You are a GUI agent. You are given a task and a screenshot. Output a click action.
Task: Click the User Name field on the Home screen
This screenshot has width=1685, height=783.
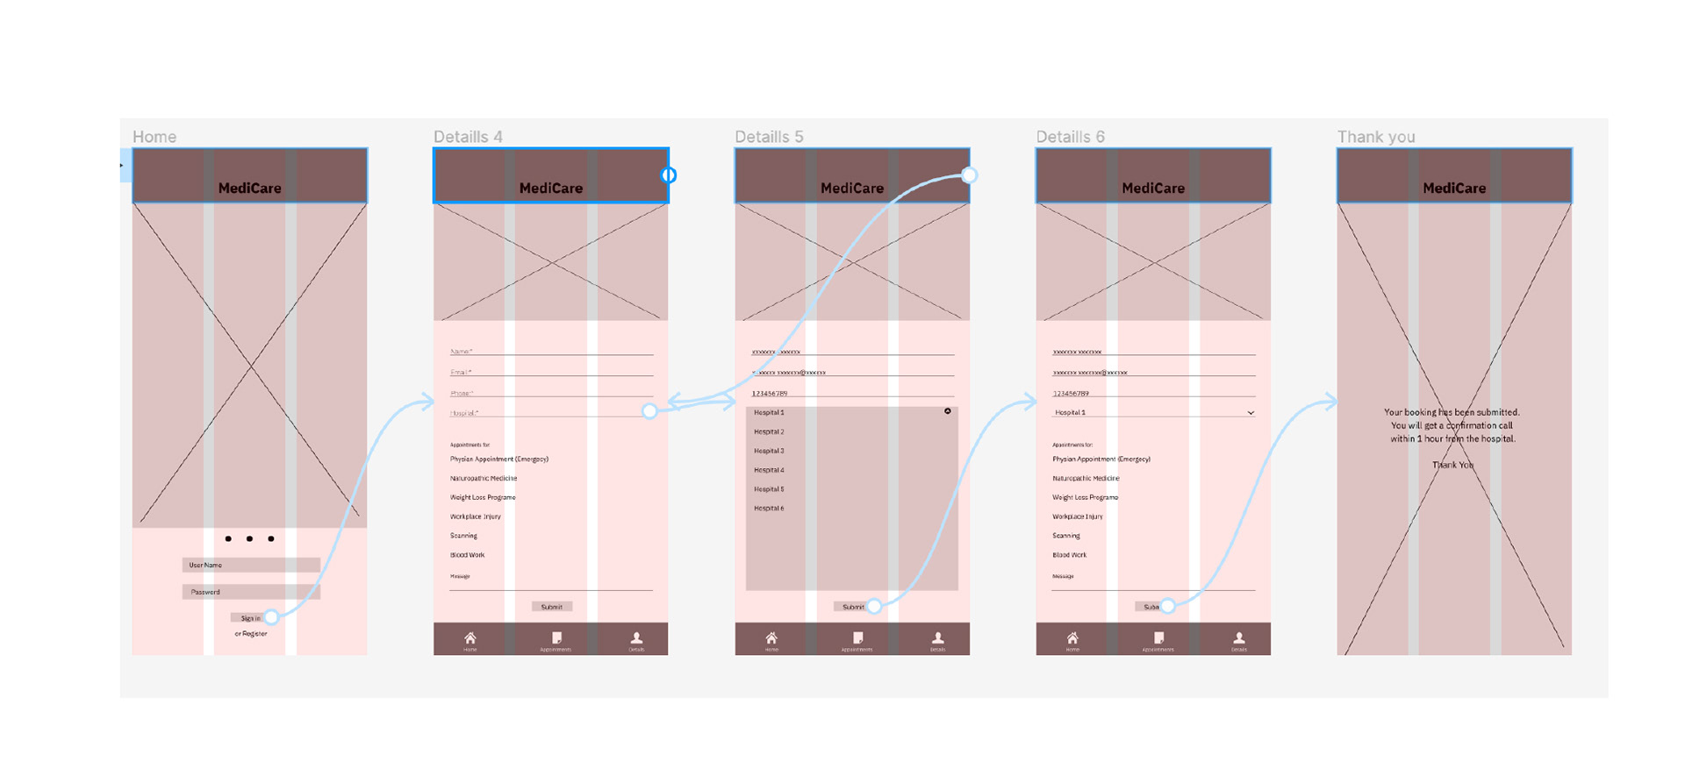pos(250,566)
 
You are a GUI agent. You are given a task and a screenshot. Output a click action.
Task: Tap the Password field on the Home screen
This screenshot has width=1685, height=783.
pos(250,592)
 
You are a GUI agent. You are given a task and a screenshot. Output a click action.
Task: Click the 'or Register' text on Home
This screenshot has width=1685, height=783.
pos(251,634)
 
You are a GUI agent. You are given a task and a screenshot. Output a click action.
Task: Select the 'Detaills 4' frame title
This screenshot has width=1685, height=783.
pos(468,137)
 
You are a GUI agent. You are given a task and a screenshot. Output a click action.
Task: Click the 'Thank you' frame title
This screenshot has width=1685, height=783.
pos(1375,137)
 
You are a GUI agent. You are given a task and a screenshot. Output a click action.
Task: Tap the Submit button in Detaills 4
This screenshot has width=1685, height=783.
pos(552,607)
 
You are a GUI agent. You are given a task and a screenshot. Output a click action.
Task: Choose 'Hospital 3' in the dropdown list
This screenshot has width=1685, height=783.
pos(769,451)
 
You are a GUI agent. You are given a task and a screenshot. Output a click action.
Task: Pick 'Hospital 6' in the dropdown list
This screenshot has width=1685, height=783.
pos(769,509)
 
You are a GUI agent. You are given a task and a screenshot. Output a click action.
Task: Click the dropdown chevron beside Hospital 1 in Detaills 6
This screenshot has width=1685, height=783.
pos(1251,413)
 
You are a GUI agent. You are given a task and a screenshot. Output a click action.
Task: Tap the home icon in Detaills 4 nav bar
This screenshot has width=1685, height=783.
pos(470,638)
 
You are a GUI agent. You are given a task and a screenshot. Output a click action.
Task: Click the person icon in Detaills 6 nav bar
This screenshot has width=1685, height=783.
pos(1238,638)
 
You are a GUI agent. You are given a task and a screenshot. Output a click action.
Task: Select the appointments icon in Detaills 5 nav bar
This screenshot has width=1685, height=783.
pos(857,638)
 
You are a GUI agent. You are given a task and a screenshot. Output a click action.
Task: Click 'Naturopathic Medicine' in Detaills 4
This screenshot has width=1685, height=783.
pos(484,479)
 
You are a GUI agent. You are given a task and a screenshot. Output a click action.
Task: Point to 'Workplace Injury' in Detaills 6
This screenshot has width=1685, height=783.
pos(1078,517)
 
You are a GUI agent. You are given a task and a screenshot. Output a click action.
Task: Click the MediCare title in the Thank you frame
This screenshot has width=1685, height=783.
pos(1454,189)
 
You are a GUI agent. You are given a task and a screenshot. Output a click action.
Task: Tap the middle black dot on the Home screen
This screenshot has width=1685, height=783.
pos(250,538)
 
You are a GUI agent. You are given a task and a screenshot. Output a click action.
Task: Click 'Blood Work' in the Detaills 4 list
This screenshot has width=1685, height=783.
pos(468,555)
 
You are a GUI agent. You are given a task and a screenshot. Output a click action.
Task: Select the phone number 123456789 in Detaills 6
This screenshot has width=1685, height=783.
pos(1071,394)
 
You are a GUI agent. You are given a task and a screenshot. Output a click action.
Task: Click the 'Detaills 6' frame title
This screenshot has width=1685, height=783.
pos(1070,137)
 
